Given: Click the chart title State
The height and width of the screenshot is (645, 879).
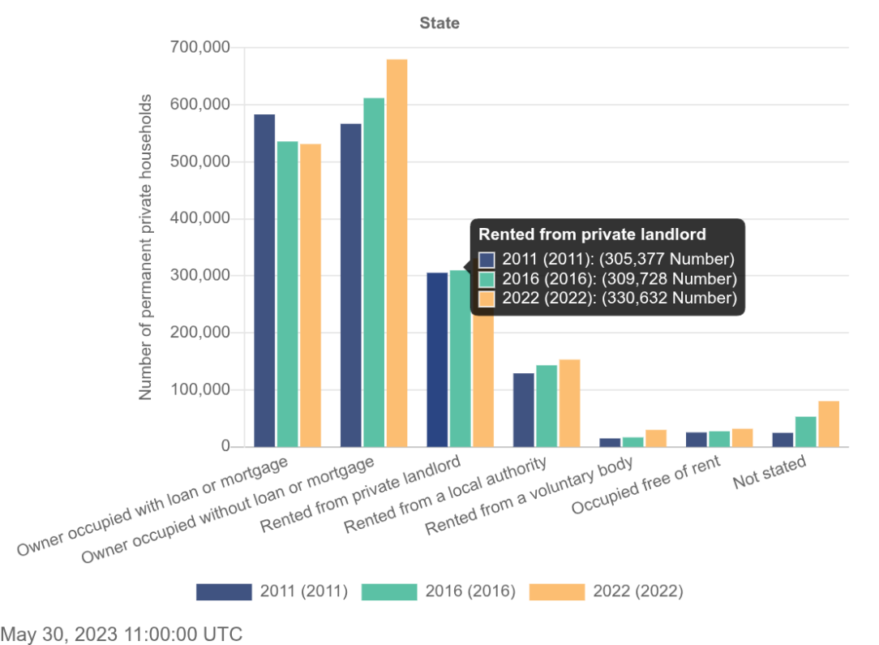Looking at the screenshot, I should tap(439, 24).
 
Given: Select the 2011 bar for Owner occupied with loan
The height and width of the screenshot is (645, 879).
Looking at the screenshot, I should tap(264, 281).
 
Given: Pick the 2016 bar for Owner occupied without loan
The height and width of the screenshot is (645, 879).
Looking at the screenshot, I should tap(374, 273).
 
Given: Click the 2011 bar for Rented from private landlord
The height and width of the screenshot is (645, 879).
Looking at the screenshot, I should tap(437, 359).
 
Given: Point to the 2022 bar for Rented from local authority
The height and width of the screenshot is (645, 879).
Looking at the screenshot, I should tap(569, 403).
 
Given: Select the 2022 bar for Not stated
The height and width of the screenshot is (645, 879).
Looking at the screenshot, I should tap(828, 424).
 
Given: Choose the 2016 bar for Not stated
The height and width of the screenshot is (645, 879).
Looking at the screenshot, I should tap(805, 432).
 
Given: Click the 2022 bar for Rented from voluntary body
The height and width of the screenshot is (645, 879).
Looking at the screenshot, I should tap(655, 438).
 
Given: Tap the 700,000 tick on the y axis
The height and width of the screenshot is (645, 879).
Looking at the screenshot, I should tap(200, 48).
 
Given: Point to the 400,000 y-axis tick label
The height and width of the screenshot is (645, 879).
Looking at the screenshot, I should tap(200, 219).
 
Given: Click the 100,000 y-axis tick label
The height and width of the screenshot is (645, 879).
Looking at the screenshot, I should tap(200, 390).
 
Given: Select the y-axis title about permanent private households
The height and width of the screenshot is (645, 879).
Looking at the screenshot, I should tap(146, 247).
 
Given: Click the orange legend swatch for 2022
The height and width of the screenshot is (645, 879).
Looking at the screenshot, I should tap(556, 591).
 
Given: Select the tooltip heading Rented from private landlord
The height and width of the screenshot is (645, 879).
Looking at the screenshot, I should tap(592, 234).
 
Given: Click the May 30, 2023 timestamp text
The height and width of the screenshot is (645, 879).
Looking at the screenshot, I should tap(122, 634).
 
